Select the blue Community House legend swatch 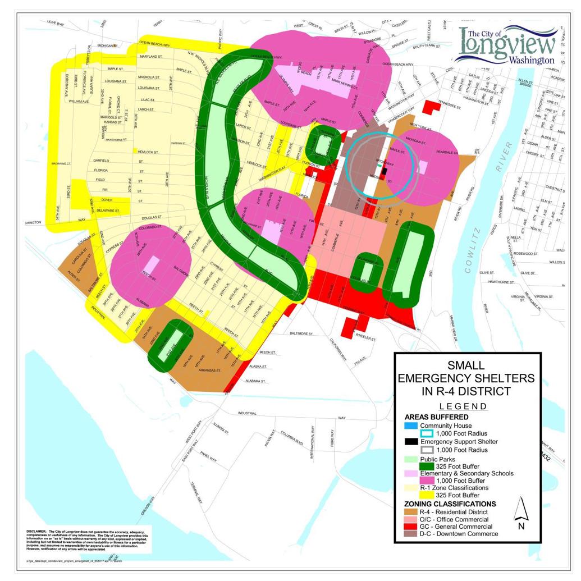[410, 426]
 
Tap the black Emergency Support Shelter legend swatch [410, 441]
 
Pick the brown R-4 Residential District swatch [410, 512]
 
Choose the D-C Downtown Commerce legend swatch [410, 534]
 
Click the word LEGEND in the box [463, 406]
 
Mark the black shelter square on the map [385, 170]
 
